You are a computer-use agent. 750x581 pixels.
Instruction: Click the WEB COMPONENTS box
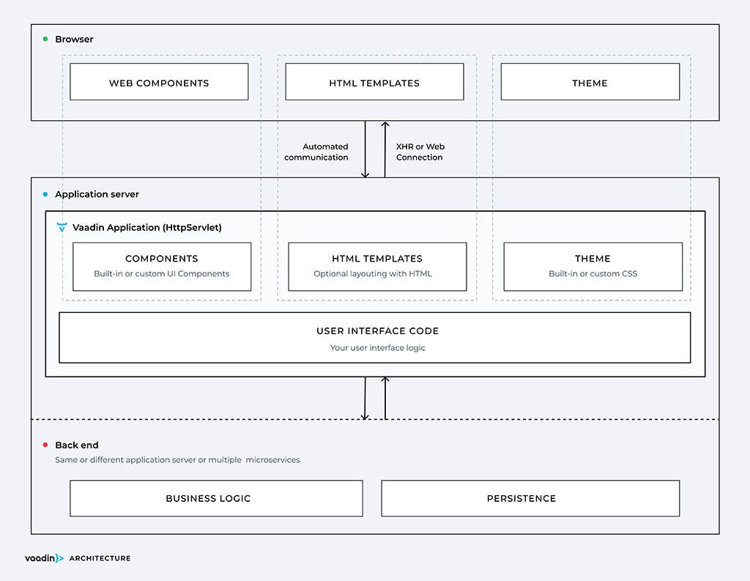click(x=159, y=82)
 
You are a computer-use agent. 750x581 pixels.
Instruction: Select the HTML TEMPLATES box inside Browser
click(x=374, y=82)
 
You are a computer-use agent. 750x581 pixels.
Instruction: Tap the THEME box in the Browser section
click(x=590, y=82)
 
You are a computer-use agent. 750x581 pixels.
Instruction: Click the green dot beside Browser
click(x=45, y=39)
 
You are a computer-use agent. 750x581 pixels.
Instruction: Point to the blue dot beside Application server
click(x=45, y=194)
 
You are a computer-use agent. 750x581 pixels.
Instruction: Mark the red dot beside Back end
click(x=45, y=445)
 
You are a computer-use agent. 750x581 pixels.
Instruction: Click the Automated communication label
click(x=316, y=152)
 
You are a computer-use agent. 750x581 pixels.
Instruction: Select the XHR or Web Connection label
click(x=420, y=152)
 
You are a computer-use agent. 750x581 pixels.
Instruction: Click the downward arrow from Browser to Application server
click(x=365, y=149)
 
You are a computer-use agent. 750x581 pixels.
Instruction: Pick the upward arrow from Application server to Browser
click(x=385, y=149)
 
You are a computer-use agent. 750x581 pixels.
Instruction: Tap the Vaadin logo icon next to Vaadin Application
click(x=62, y=228)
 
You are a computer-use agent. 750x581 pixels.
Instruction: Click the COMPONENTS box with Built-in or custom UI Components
click(x=162, y=267)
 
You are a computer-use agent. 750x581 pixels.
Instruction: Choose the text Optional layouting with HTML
click(x=373, y=274)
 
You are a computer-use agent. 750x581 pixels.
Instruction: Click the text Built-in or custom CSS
click(x=593, y=274)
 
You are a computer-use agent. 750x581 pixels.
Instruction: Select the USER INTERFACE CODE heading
click(x=377, y=330)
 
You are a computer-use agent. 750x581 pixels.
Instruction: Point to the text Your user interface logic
click(x=377, y=347)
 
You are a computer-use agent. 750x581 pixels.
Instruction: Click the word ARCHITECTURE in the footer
click(x=100, y=558)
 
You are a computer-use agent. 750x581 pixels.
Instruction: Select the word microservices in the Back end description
click(x=272, y=460)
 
